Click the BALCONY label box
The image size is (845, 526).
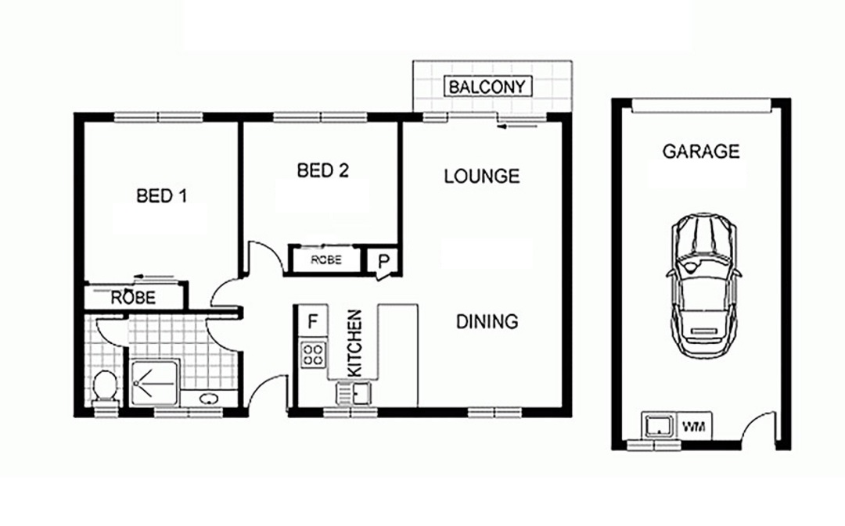[487, 87]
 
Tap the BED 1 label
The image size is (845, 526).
[162, 195]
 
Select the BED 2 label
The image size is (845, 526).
[323, 170]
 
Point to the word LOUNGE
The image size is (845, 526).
[482, 176]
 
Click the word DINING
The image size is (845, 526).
[487, 321]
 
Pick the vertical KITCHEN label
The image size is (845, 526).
[354, 343]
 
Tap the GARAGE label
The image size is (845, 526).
[700, 152]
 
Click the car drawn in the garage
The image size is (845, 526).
[704, 285]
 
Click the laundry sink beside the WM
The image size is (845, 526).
[658, 425]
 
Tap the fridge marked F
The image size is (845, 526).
[312, 322]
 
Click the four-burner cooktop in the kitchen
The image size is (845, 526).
[313, 355]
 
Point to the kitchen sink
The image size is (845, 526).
[353, 393]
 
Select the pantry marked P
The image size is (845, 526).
[383, 262]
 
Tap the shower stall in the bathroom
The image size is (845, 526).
[153, 383]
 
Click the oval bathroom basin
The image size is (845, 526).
[208, 399]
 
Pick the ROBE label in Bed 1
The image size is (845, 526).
[133, 297]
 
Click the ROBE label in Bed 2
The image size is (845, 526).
[326, 260]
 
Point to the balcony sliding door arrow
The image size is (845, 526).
[518, 127]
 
